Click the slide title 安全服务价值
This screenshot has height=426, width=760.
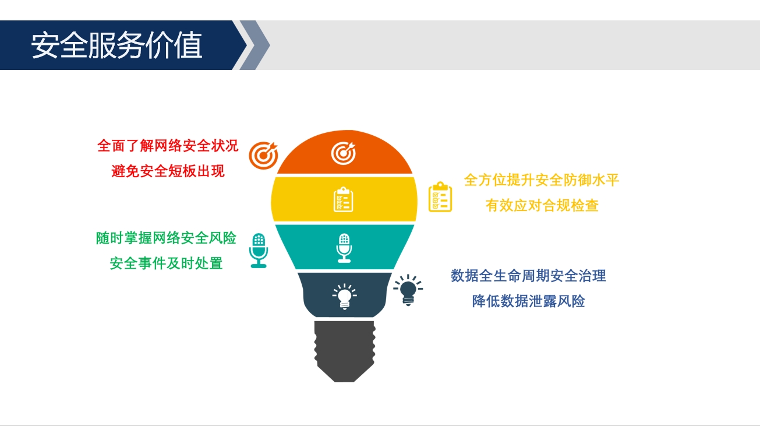point(116,45)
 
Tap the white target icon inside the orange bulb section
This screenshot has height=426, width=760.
point(344,153)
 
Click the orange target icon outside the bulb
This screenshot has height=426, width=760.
point(263,156)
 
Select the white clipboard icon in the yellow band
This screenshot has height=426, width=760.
point(344,199)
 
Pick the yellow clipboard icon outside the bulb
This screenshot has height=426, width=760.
point(440,197)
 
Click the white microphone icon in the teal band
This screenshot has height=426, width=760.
point(344,248)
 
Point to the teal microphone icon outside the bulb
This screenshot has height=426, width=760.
point(259,251)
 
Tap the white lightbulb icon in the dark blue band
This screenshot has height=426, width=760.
point(344,296)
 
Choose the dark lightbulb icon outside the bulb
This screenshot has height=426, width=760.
point(408,290)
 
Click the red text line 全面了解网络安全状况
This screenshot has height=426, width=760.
point(168,146)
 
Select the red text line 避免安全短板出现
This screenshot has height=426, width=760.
point(168,171)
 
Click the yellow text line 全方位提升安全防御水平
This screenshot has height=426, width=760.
point(542,180)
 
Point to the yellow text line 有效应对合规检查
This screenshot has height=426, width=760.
point(542,205)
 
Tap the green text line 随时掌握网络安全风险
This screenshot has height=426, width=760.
point(166,238)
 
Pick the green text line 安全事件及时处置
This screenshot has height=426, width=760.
point(166,263)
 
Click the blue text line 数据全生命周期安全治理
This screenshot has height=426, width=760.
point(528,276)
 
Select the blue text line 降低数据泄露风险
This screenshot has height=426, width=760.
point(529,301)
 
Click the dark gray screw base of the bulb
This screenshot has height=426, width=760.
point(345,351)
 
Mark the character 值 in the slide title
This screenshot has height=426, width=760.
point(189,45)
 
